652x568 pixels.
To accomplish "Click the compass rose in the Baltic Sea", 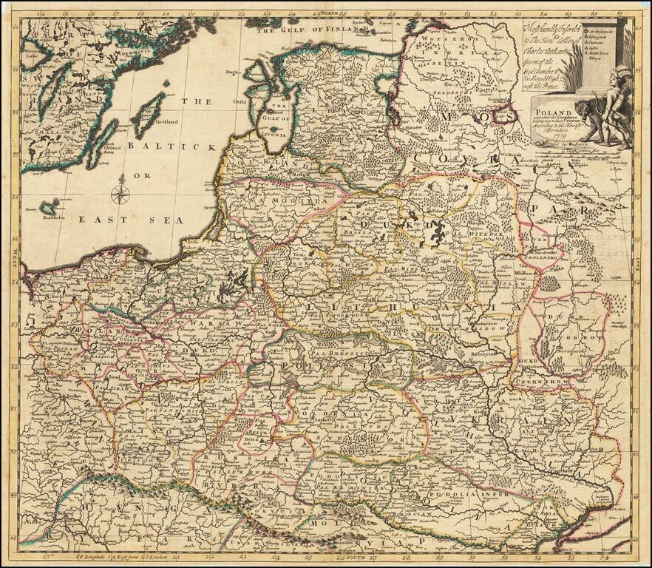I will [120, 195].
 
